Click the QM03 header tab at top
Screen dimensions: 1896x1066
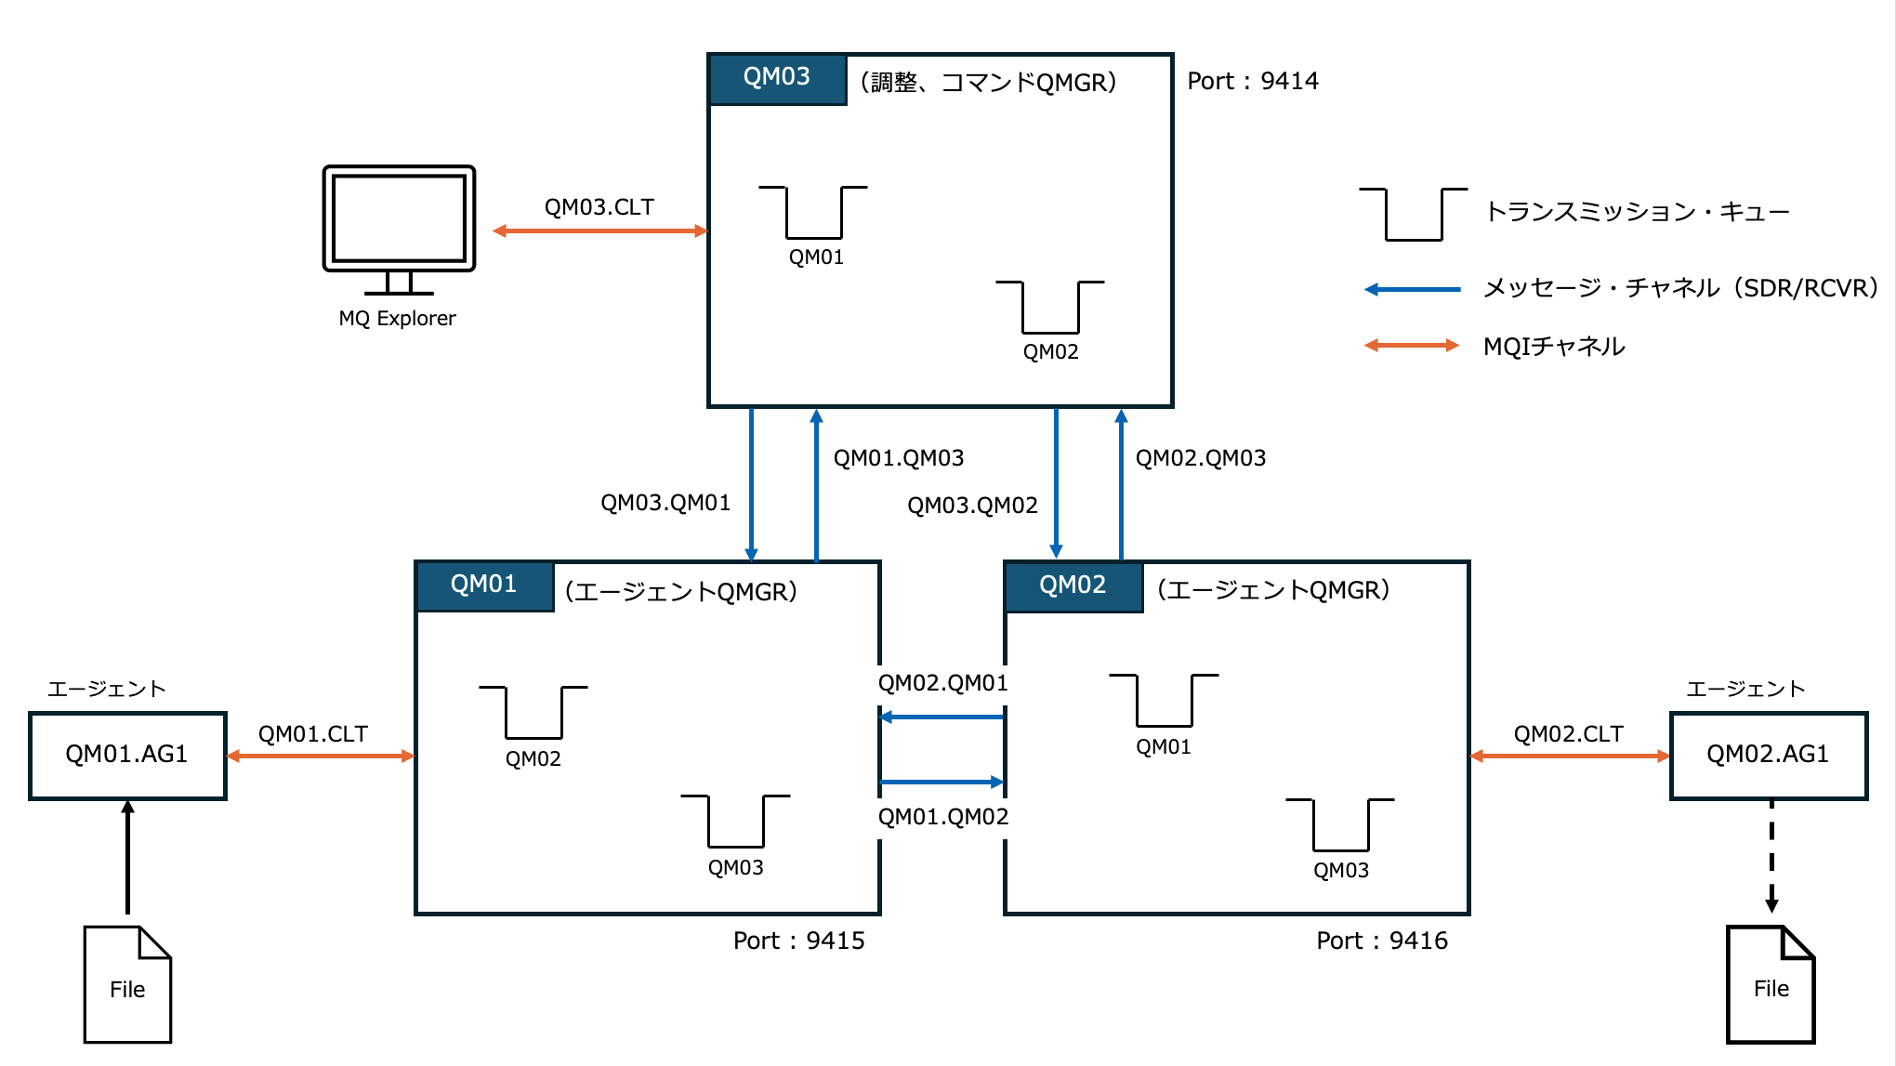777,78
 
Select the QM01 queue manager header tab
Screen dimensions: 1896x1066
484,586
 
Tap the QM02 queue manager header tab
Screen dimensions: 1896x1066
1073,586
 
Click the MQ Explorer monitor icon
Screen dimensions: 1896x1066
399,230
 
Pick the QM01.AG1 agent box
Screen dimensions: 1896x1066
127,755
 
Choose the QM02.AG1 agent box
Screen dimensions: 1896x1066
1768,755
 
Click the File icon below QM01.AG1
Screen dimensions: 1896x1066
127,984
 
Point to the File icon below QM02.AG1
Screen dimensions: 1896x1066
1771,984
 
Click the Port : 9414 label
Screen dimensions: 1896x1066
1253,82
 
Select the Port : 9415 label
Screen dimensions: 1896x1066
798,941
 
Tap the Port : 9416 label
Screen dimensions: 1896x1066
1382,941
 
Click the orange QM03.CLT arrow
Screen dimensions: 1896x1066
600,230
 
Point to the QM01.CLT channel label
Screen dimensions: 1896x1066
313,734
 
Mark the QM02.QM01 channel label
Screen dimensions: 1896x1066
943,684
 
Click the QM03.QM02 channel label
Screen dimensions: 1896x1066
972,506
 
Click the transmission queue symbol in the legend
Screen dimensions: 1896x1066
1414,215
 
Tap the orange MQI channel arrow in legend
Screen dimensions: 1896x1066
1412,346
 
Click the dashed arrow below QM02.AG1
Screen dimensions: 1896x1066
1771,857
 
